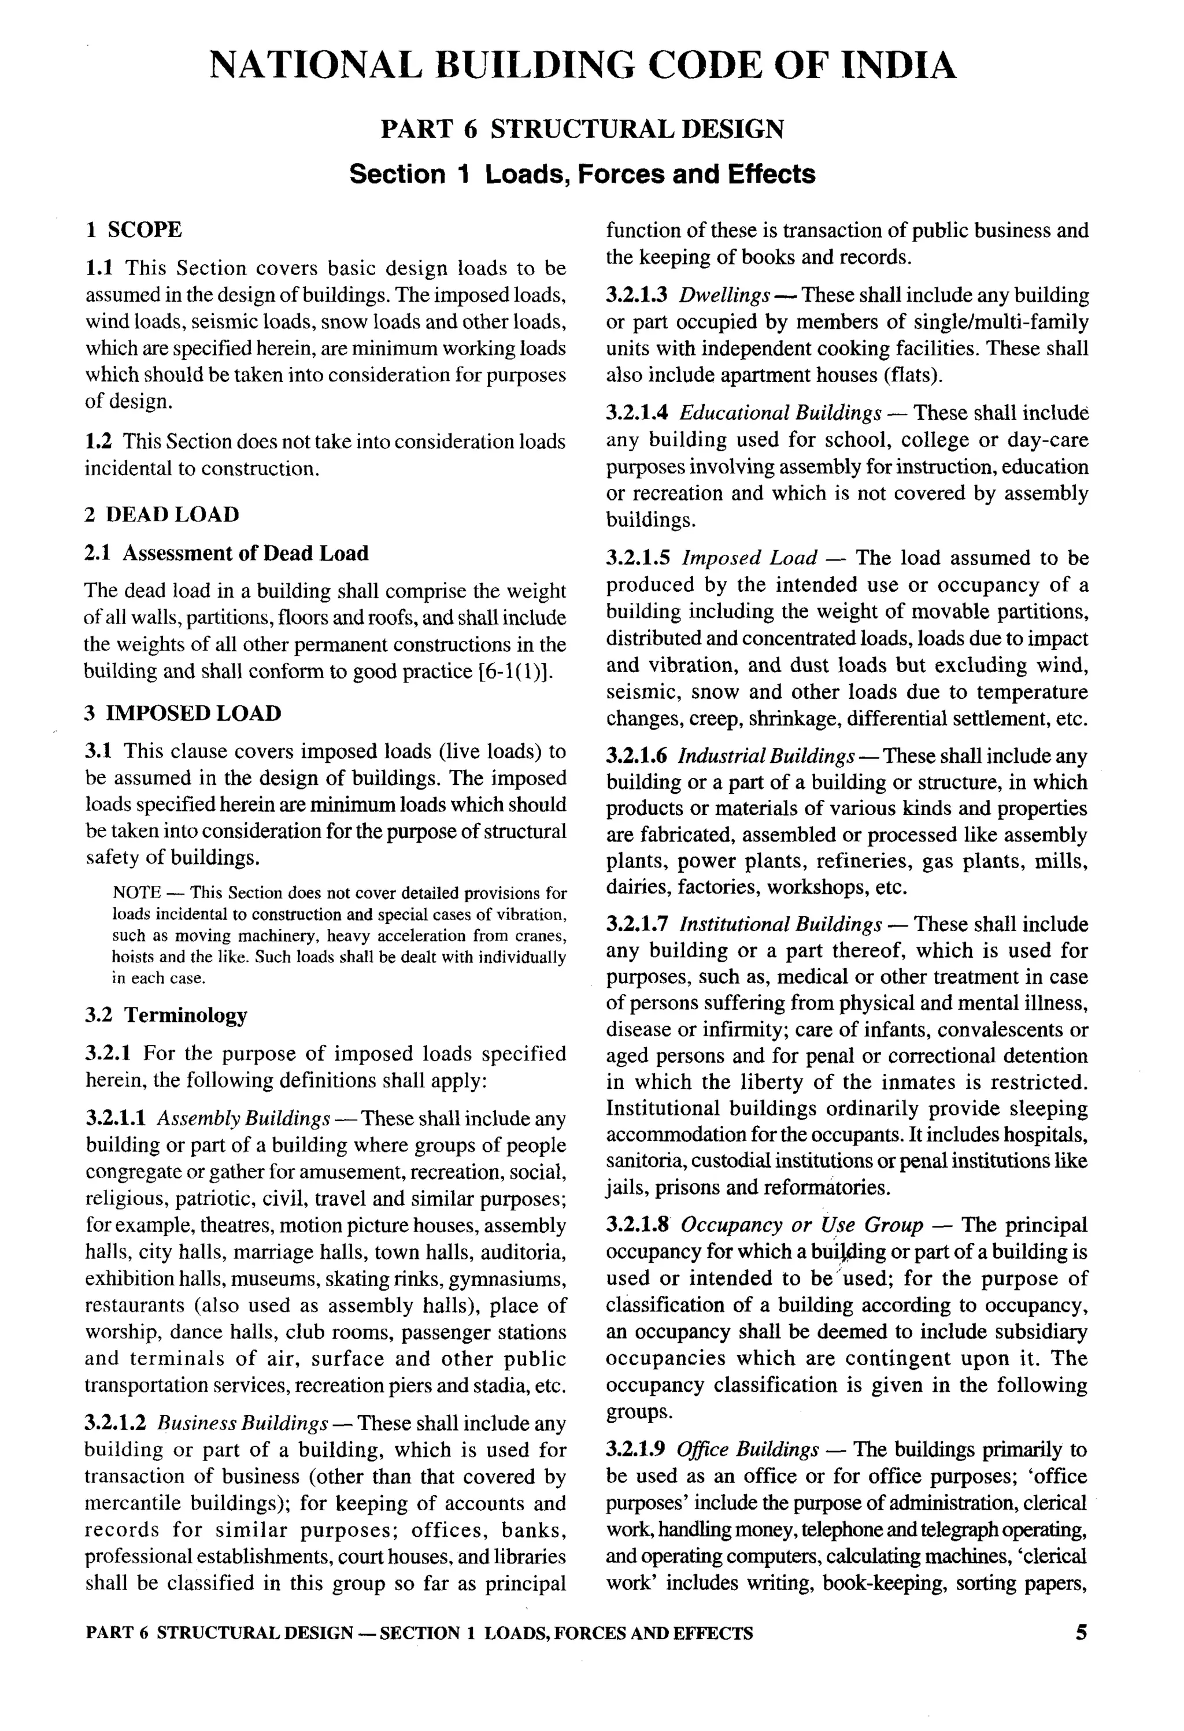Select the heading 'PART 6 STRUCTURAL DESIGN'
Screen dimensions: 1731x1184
582,129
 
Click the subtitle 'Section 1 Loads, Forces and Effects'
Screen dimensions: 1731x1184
582,175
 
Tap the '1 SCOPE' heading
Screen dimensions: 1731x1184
134,229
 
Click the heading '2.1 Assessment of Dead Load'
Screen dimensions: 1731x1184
227,554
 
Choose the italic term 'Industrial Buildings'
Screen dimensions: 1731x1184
765,757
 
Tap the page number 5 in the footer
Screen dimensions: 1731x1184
1081,1633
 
